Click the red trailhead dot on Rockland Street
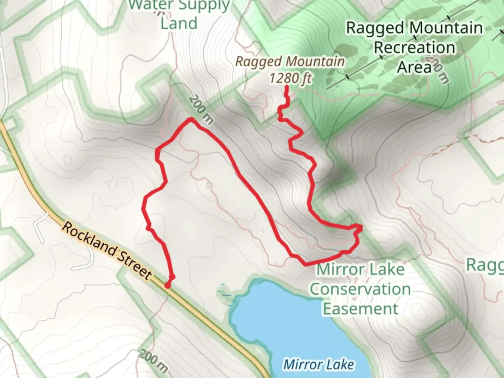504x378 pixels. [168, 286]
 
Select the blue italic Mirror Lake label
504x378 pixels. [318, 364]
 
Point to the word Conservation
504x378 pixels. [360, 289]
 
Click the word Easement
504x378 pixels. [360, 309]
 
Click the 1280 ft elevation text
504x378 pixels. [290, 78]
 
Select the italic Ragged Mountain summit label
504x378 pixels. [290, 62]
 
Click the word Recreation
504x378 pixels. [415, 48]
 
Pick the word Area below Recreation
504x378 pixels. [414, 67]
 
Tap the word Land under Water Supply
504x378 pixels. [179, 23]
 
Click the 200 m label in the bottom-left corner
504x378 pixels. [153, 361]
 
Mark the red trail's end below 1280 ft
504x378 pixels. [287, 86]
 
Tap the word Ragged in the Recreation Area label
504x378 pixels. [375, 28]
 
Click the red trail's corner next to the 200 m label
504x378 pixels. [191, 120]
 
